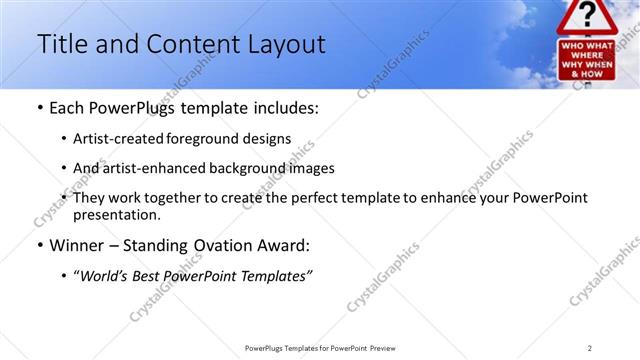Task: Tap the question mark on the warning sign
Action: point(589,15)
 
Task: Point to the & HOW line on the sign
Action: point(589,74)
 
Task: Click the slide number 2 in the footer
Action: point(589,348)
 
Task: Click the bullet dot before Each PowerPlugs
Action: point(39,106)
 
